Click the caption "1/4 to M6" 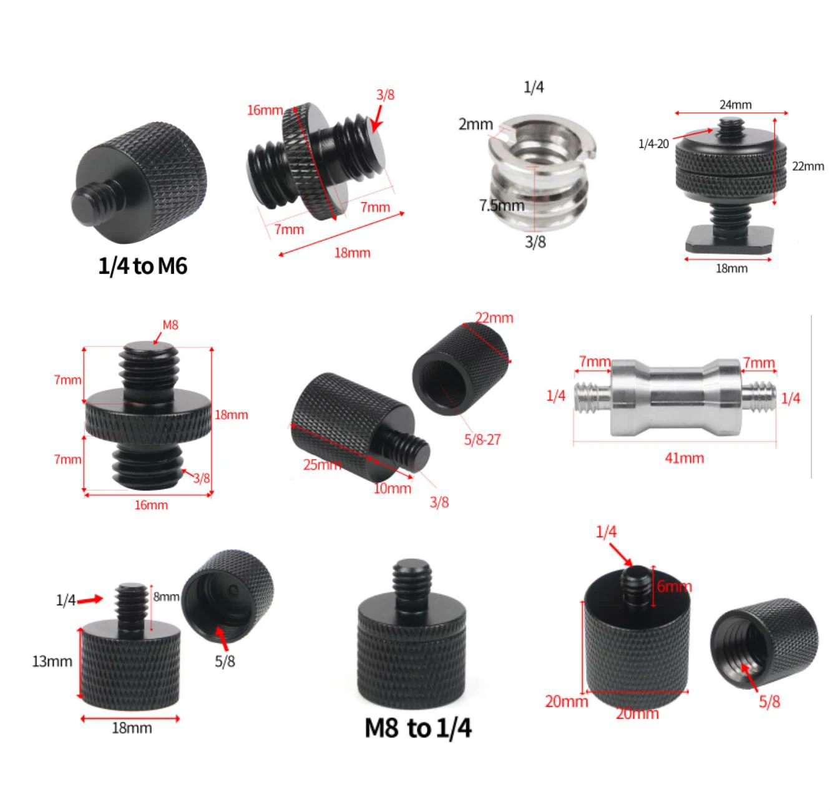(143, 266)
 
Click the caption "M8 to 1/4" (418, 728)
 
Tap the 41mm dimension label (685, 459)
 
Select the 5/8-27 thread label (482, 440)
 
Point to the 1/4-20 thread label (653, 144)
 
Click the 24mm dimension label (735, 105)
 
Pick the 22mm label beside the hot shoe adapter (808, 166)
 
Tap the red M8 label (170, 325)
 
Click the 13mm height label (52, 661)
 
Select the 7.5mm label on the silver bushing (501, 205)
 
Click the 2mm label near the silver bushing (476, 124)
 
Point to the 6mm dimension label (674, 586)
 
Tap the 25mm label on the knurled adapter (321, 465)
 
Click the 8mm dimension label (166, 597)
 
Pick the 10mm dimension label (393, 488)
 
